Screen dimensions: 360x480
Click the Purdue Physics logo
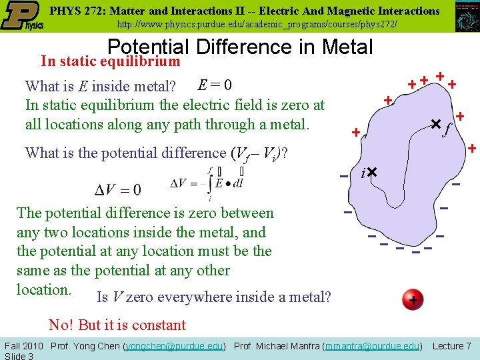[23, 16]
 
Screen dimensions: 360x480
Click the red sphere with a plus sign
[413, 301]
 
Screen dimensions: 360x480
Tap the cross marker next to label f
[436, 124]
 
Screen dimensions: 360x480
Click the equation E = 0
[215, 85]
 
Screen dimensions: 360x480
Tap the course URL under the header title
[257, 24]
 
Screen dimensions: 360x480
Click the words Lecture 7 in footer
[452, 345]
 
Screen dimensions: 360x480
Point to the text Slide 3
[19, 355]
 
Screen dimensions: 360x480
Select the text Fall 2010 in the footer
[24, 345]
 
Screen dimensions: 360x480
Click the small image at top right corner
[466, 17]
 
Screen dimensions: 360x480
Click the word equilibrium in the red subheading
[141, 61]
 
